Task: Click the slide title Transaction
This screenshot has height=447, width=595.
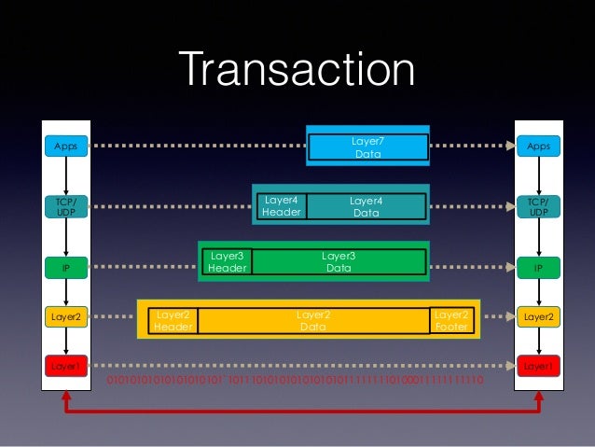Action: click(297, 71)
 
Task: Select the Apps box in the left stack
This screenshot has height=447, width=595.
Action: click(65, 147)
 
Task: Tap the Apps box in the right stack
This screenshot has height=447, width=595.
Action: click(538, 147)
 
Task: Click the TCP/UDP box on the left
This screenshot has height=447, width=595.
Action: click(65, 206)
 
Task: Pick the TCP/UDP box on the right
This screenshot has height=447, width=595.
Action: click(538, 206)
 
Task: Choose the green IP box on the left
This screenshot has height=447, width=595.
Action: click(65, 268)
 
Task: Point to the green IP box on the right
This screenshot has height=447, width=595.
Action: click(538, 268)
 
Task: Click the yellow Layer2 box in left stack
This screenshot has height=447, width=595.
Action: click(65, 317)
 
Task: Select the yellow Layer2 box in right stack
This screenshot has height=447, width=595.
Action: click(538, 317)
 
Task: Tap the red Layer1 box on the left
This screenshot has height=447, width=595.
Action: click(65, 367)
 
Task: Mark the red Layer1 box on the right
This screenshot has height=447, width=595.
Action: click(538, 367)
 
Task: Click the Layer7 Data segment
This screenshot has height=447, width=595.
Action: click(367, 147)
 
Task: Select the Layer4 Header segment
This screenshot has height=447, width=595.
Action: click(281, 206)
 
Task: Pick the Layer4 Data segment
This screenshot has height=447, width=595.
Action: click(367, 206)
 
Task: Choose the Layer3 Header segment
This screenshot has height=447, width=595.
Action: click(227, 261)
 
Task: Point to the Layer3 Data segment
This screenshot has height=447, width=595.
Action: click(339, 261)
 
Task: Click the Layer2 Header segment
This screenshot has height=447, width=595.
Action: click(173, 321)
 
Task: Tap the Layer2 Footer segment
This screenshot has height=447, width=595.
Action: click(451, 321)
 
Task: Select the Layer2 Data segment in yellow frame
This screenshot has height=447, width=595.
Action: click(312, 321)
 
